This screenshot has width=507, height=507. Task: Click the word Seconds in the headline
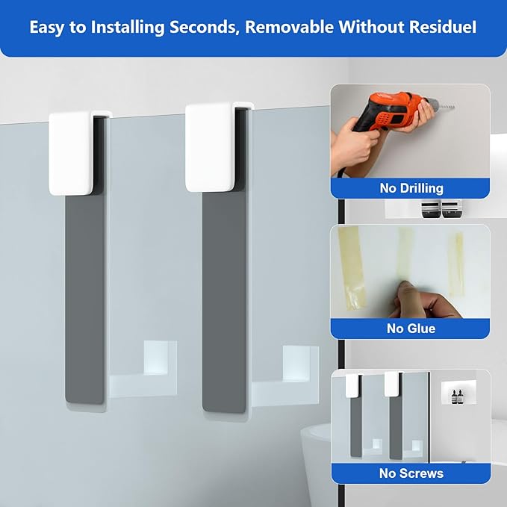[204, 27]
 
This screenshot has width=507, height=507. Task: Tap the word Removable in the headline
[289, 27]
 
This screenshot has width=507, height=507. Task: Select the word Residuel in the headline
[443, 27]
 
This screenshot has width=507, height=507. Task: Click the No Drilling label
[411, 188]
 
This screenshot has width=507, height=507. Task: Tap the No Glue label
[411, 329]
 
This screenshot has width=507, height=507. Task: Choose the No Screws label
[411, 473]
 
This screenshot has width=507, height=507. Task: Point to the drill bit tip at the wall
[454, 106]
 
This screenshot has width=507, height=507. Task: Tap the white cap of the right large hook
[210, 147]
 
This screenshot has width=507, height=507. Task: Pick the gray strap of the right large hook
[224, 302]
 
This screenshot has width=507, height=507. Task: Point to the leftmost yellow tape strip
[352, 268]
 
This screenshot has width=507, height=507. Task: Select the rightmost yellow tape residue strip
[456, 264]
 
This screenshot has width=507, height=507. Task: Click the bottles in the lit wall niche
[456, 396]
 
